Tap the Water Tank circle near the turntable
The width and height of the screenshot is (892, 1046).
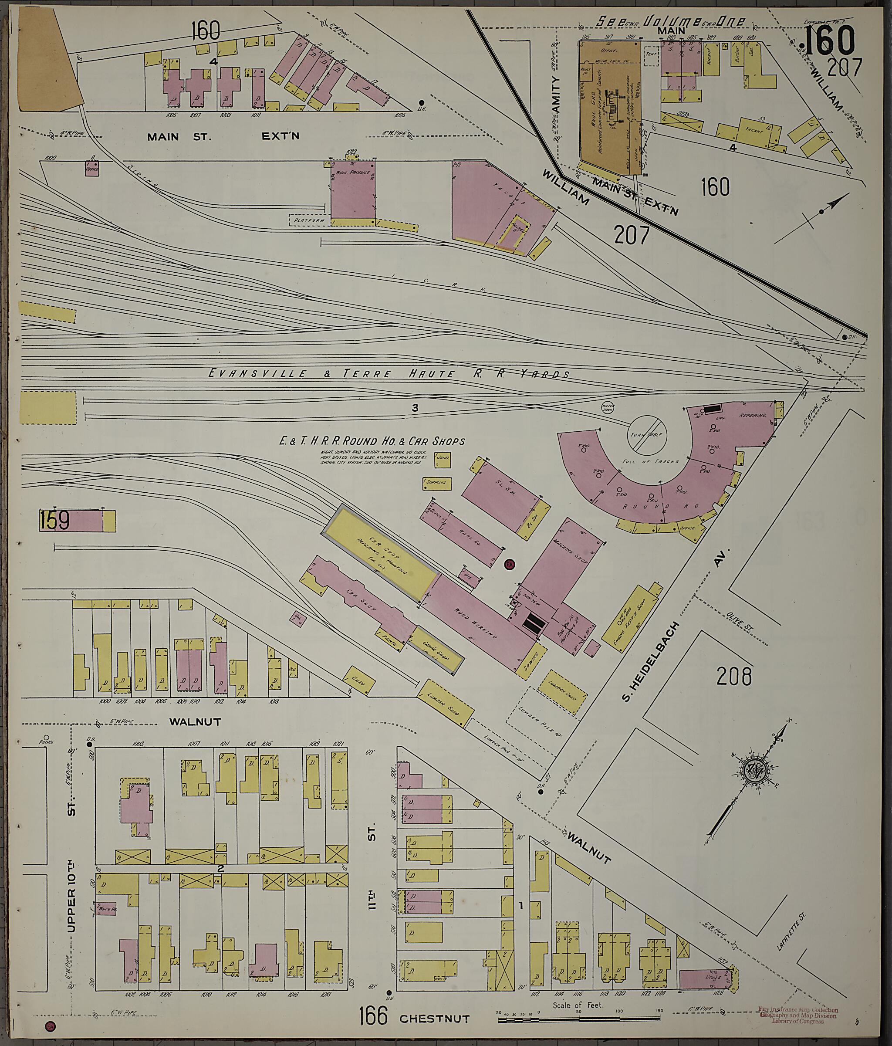coord(607,406)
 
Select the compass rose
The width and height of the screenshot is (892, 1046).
coord(755,783)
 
